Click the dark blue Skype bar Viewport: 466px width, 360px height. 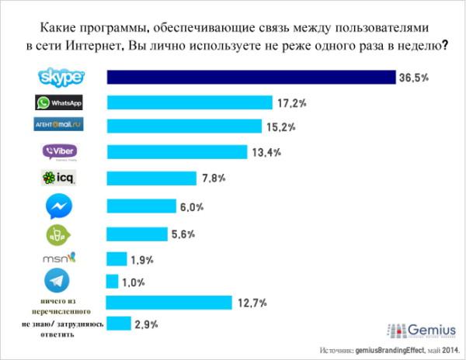point(252,78)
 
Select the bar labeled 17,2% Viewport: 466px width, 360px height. point(190,102)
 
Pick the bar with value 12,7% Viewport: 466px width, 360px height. point(169,302)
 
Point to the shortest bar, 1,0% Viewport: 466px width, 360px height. point(113,282)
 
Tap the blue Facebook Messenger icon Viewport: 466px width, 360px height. point(59,207)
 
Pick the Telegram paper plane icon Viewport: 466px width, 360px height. point(58,280)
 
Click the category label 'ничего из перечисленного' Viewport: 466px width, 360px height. point(61,302)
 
